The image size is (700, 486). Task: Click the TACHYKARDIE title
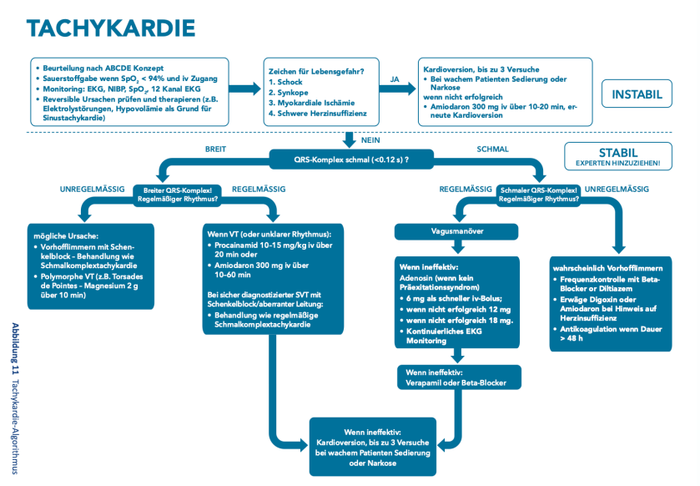tap(111, 28)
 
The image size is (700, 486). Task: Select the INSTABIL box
tap(637, 94)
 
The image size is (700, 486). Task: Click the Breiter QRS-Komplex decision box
tap(177, 194)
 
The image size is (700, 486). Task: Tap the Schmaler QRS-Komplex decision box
tap(539, 194)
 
